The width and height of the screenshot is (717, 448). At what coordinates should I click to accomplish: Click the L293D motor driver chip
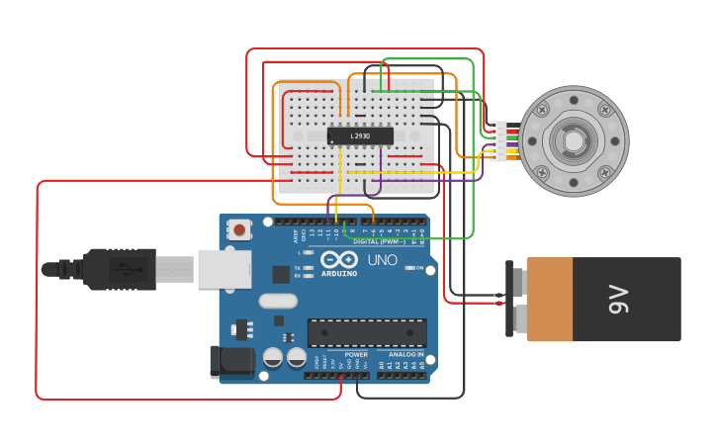pyautogui.click(x=360, y=135)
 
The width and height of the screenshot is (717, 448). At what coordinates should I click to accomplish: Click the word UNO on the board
pyautogui.click(x=382, y=260)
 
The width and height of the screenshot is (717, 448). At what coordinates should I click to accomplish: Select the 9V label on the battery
pyautogui.click(x=618, y=299)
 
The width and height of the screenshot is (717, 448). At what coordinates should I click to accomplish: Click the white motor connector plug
pyautogui.click(x=499, y=141)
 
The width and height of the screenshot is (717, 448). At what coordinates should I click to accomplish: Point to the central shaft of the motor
pyautogui.click(x=574, y=141)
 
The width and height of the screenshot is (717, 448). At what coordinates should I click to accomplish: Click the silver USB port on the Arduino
pyautogui.click(x=224, y=268)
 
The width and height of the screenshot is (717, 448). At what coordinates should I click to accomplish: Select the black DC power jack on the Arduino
pyautogui.click(x=232, y=361)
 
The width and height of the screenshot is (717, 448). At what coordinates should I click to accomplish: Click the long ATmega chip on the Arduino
pyautogui.click(x=367, y=332)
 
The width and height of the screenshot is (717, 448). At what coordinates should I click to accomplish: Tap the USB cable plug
pyautogui.click(x=119, y=269)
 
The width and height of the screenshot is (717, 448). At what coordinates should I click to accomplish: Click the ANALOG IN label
pyautogui.click(x=405, y=354)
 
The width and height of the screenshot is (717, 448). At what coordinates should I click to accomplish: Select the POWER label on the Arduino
pyautogui.click(x=356, y=354)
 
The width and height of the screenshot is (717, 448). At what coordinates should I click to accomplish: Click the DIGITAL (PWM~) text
pyautogui.click(x=380, y=241)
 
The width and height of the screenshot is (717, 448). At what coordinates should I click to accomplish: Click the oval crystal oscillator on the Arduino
pyautogui.click(x=278, y=301)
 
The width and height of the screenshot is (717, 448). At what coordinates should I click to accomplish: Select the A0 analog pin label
pyautogui.click(x=381, y=365)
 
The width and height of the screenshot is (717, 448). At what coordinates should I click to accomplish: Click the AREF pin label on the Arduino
pyautogui.click(x=296, y=235)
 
